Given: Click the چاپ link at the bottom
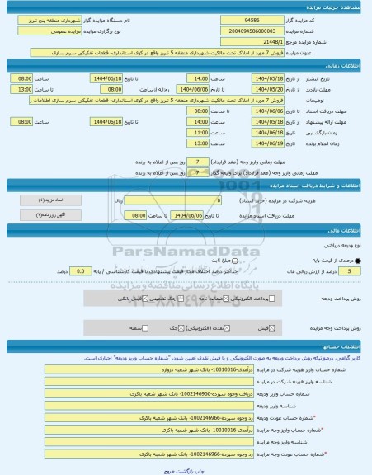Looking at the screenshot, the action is click(x=198, y=468).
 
